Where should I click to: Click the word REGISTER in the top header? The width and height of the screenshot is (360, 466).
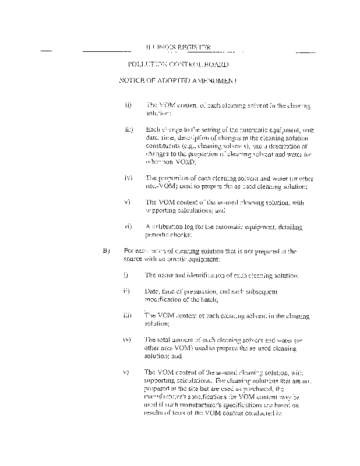coord(192,47)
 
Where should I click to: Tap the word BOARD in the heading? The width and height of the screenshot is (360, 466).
coord(216,64)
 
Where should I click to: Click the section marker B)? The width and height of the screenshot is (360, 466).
coord(106,251)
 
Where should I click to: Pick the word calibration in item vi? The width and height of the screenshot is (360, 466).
coord(167,226)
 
